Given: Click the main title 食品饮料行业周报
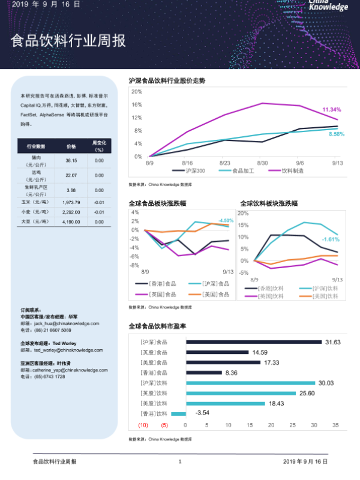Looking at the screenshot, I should [68, 41].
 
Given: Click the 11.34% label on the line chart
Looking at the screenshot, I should [332, 110].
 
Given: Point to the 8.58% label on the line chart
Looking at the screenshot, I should [336, 134].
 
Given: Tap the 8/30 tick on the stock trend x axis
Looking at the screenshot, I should [262, 163].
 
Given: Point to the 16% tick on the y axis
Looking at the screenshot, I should [137, 104].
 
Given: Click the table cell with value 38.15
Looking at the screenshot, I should [71, 161].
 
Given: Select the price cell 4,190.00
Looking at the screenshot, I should [71, 222].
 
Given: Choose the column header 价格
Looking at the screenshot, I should [71, 146].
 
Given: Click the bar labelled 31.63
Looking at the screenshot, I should [254, 342].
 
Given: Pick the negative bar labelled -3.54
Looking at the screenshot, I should [178, 413].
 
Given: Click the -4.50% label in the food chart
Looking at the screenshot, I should [226, 220].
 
